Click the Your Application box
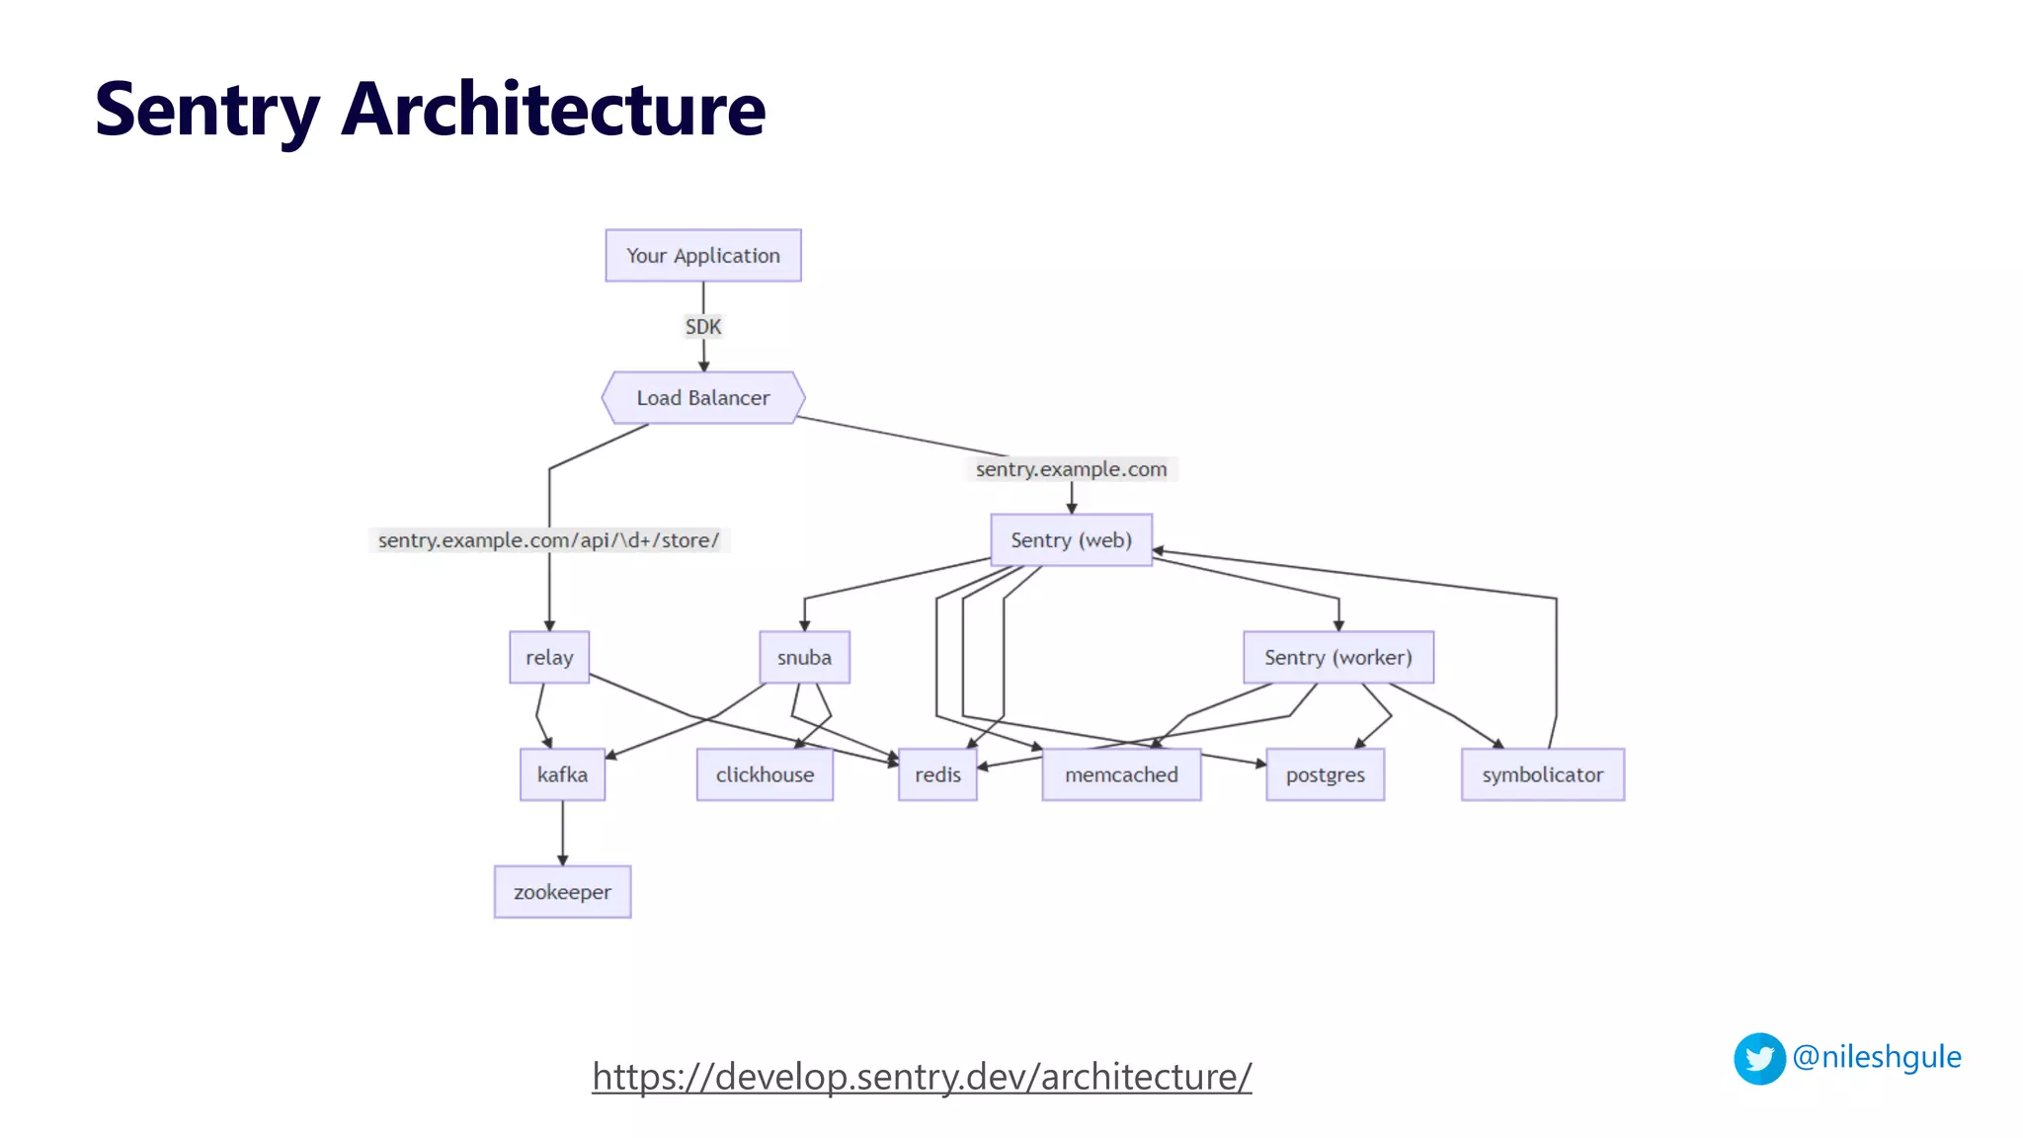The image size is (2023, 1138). coord(702,256)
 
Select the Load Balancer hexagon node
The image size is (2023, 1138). coord(702,398)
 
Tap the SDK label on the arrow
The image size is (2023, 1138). coord(702,327)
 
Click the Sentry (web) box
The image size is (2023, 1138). coord(1071,540)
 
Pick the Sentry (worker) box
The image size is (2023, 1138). coord(1337,658)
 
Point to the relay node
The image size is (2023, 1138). coord(549,658)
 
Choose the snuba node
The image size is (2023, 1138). coord(804,658)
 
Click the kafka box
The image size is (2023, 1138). coord(562,774)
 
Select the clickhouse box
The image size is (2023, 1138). coord(765,774)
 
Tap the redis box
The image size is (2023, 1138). coord(937,774)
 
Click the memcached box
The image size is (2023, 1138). coord(1121,774)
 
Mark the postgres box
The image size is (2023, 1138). coord(1325,774)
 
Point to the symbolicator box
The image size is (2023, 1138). coord(1542,774)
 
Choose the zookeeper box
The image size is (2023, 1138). coord(562,892)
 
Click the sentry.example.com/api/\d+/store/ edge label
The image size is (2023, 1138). coord(548,540)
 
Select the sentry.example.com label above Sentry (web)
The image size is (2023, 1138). coord(1071,469)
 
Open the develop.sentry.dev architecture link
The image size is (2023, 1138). coord(922,1077)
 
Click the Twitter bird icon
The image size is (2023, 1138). coord(1759,1059)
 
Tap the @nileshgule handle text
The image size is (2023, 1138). coord(1876,1057)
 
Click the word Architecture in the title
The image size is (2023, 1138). coord(553,109)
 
